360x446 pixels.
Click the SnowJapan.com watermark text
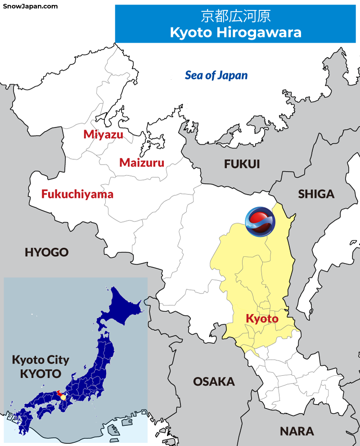coord(30,6)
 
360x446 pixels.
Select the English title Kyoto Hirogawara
coord(235,32)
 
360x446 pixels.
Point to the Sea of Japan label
coord(216,75)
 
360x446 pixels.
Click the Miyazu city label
coord(103,134)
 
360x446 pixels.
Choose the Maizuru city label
coord(142,162)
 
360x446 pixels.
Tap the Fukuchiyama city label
coord(77,194)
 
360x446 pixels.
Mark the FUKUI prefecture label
coord(242,164)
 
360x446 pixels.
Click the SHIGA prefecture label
coord(316,194)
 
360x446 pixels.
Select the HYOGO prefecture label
coord(46,252)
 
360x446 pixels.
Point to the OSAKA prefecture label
coord(214,382)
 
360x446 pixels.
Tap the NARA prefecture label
coord(297,431)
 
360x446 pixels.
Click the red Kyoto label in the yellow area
coord(262,319)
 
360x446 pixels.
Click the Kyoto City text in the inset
coord(40,360)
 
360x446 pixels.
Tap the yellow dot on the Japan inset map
coord(63,397)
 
